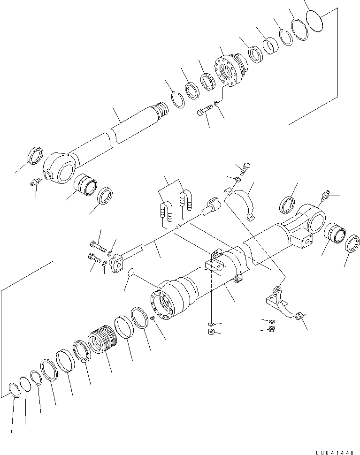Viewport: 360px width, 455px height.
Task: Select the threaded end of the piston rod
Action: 161,110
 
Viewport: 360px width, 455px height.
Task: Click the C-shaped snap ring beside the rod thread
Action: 176,100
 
